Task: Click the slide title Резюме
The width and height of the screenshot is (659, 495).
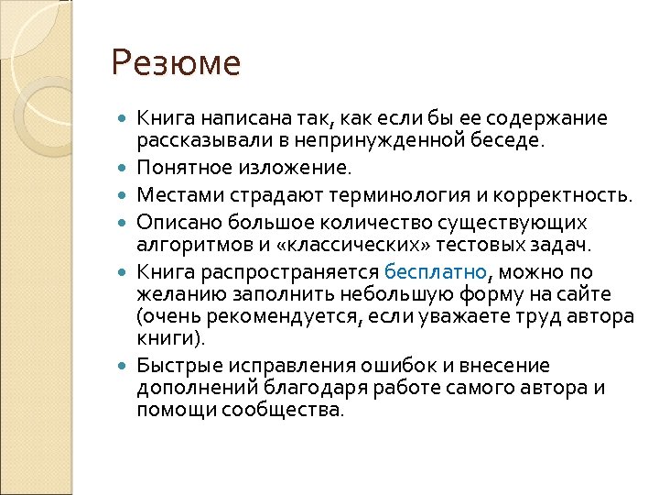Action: pyautogui.click(x=176, y=64)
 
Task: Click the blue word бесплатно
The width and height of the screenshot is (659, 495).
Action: pyautogui.click(x=437, y=273)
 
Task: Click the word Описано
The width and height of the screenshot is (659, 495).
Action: pyautogui.click(x=174, y=222)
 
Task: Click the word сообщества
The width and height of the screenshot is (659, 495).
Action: pyautogui.click(x=287, y=410)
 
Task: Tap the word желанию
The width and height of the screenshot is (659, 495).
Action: pyautogui.click(x=171, y=293)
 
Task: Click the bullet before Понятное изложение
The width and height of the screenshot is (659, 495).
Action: pyautogui.click(x=124, y=170)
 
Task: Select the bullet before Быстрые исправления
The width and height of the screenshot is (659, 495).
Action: pyautogui.click(x=124, y=366)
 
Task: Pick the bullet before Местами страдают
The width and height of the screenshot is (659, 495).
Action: pyautogui.click(x=124, y=195)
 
